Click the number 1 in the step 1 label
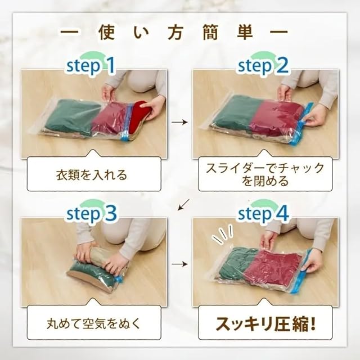(111, 66)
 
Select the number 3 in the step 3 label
(110, 214)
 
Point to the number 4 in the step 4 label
(281, 214)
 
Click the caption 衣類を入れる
(92, 175)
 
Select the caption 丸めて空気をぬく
(93, 323)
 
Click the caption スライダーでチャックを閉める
(265, 174)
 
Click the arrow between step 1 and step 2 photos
(179, 122)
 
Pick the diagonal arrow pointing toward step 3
(184, 204)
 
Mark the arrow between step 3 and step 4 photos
(179, 264)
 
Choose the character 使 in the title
(107, 33)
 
